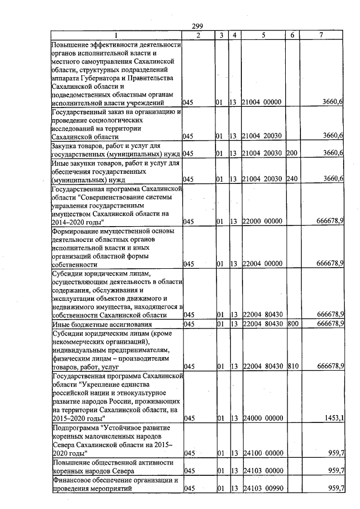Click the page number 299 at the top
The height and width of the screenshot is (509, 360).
tap(197, 26)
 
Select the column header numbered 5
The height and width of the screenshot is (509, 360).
tap(263, 35)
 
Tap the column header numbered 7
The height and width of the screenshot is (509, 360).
tap(321, 35)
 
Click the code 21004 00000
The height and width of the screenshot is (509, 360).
tap(262, 103)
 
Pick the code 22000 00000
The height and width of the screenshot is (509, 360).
tap(262, 222)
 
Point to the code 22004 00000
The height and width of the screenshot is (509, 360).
tap(262, 264)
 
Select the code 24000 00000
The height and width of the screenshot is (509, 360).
tap(262, 418)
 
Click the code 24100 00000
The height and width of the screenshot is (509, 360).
tap(262, 453)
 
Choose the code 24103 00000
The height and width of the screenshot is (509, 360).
tap(262, 471)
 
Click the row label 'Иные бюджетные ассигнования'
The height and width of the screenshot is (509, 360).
tap(94, 325)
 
